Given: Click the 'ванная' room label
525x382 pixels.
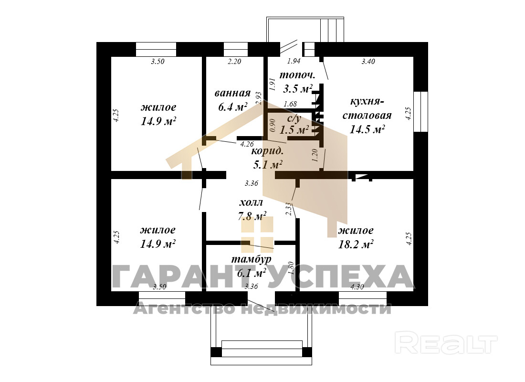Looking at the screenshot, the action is (233, 93).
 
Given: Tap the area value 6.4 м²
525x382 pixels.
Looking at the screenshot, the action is (233, 107).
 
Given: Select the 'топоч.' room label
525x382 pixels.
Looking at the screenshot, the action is (297, 75).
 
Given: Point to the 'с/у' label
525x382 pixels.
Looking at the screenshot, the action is (294, 118).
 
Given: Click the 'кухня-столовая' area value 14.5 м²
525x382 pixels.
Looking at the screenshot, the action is (367, 129).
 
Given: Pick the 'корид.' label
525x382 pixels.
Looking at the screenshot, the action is (267, 151).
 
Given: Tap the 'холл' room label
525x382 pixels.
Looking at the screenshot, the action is (251, 202).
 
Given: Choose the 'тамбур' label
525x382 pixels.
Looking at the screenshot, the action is (252, 259).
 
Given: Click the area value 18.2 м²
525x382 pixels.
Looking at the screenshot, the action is (356, 244).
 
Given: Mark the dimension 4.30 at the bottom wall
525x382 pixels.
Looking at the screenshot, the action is (357, 287).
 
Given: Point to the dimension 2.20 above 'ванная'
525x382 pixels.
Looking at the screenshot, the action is (234, 61).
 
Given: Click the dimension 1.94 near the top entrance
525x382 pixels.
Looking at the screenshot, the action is (294, 61).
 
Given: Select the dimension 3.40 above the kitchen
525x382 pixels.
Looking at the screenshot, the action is (368, 61).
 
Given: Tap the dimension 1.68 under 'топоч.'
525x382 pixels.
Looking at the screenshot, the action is (290, 104).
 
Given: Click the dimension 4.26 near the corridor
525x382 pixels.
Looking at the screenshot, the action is (247, 144).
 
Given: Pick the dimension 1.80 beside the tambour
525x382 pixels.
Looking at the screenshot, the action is (291, 268).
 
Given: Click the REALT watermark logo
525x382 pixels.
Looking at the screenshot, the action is (446, 342).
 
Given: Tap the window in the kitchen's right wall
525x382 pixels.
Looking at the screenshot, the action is (421, 112).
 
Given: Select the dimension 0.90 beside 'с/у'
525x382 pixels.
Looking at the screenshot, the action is (273, 125).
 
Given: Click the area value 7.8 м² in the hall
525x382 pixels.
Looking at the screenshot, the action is (252, 216).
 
